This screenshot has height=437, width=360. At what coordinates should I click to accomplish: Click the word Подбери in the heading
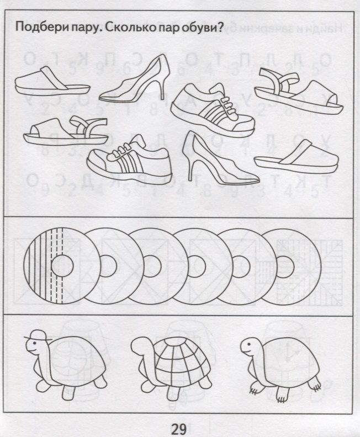click(39, 28)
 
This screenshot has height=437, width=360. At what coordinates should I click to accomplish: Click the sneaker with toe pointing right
click(213, 110)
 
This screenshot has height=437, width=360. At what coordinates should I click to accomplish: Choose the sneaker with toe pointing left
click(129, 156)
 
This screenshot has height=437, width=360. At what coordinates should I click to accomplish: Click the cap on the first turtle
click(37, 335)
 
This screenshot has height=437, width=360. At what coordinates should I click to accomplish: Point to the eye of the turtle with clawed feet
click(247, 344)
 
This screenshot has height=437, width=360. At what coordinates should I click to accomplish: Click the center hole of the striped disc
click(62, 266)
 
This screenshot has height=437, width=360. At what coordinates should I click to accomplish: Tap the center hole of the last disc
click(285, 267)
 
